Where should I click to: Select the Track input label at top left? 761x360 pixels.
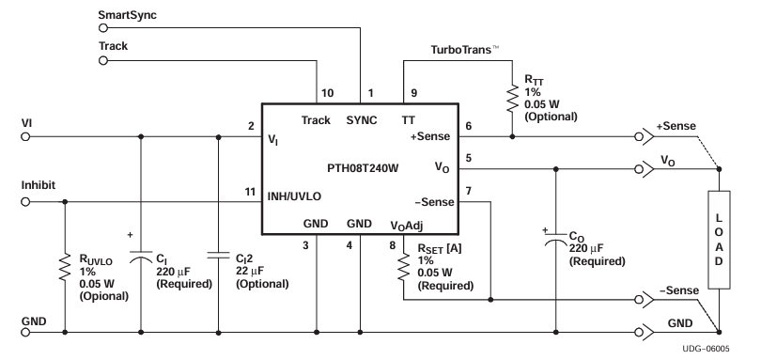pos(116,44)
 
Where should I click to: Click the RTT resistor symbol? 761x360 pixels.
pos(512,97)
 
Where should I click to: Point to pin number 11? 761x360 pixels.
pos(250,191)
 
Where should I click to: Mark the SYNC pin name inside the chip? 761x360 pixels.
pos(361,120)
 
